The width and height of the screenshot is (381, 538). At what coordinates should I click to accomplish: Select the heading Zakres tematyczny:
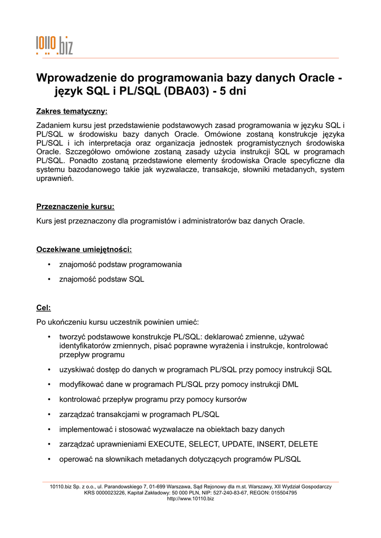[x=72, y=111]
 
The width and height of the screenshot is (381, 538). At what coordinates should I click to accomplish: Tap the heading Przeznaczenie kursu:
[x=75, y=206]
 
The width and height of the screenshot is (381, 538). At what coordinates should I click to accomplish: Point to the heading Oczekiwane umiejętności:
[x=84, y=249]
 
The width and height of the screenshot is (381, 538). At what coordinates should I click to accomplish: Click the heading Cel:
[x=43, y=307]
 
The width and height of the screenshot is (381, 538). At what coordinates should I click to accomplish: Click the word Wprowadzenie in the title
[x=77, y=78]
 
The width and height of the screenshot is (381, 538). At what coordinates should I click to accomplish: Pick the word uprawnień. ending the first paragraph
[x=55, y=178]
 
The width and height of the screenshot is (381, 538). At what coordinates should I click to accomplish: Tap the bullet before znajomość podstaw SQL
[x=48, y=280]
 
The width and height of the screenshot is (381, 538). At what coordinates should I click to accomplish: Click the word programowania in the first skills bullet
[x=157, y=264]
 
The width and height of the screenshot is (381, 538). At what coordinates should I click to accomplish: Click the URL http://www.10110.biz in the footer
[x=190, y=498]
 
